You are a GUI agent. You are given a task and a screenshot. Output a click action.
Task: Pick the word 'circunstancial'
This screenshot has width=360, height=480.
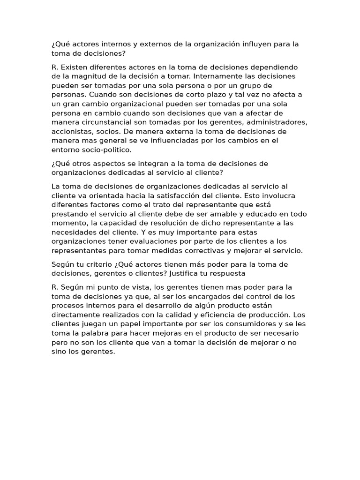110,122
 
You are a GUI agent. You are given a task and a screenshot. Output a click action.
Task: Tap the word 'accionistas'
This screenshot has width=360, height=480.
73,132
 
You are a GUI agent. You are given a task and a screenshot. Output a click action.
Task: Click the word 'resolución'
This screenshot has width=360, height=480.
152,224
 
